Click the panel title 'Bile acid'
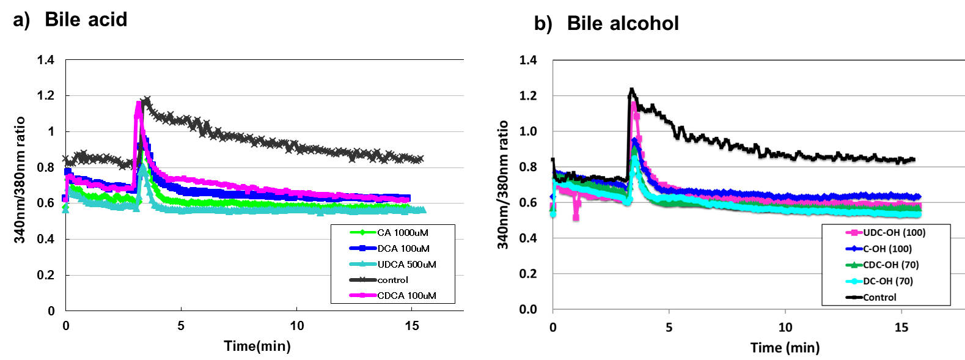[86, 20]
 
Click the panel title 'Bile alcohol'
[622, 23]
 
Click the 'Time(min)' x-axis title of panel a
[257, 346]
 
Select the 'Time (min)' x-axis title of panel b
[785, 348]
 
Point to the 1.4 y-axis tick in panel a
[46, 60]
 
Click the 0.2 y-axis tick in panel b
[528, 274]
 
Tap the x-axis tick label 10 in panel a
[297, 326]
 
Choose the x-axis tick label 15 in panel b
[901, 328]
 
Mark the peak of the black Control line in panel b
[632, 90]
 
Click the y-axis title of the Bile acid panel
[20, 180]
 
